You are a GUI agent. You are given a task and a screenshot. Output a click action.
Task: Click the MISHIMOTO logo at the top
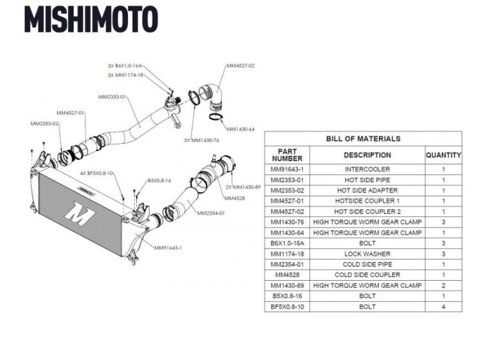point(91,19)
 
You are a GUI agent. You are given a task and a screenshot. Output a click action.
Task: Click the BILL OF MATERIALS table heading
point(363,139)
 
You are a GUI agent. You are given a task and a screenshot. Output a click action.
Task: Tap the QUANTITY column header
point(443,155)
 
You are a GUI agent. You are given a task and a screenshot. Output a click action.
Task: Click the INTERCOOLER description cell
point(367,169)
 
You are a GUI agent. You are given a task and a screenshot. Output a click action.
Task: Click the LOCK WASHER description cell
point(367,254)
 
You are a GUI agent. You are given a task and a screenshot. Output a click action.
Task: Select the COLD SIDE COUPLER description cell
point(367,275)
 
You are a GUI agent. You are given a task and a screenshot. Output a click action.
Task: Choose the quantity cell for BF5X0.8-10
point(443,307)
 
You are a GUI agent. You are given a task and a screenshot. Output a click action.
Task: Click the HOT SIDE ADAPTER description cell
point(367,191)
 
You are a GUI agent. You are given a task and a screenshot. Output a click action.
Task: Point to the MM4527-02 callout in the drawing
point(241,65)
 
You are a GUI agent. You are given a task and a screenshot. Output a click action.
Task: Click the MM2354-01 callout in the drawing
point(211,213)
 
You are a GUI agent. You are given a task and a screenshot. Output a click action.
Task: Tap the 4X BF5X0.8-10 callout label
point(97,173)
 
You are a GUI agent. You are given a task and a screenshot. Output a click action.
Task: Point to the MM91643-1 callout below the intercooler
point(168,247)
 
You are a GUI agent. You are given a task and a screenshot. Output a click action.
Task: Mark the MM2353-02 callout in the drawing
point(44,123)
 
